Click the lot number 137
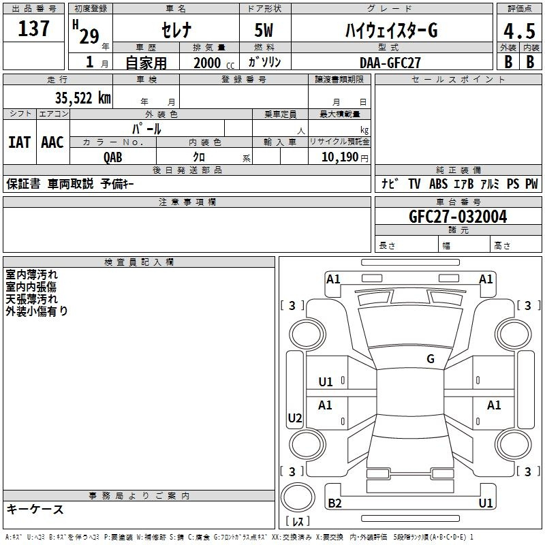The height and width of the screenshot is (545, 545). click(33, 29)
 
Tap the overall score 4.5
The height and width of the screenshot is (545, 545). click(519, 31)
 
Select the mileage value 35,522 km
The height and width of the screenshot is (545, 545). click(82, 98)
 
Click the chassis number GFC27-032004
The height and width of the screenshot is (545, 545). click(458, 217)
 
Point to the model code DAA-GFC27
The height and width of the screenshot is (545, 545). click(390, 63)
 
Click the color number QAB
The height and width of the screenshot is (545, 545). click(113, 157)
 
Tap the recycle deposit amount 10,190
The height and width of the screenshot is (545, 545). click(339, 157)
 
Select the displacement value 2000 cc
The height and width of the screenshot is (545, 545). click(214, 63)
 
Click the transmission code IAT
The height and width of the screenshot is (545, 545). click(19, 142)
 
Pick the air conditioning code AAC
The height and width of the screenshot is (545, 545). click(52, 142)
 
